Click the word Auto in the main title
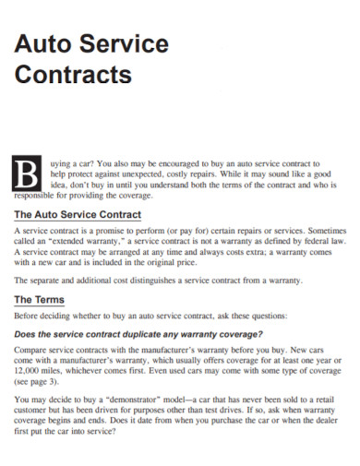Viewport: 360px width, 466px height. pos(46,43)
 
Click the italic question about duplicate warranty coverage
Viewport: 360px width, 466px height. pos(139,333)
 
